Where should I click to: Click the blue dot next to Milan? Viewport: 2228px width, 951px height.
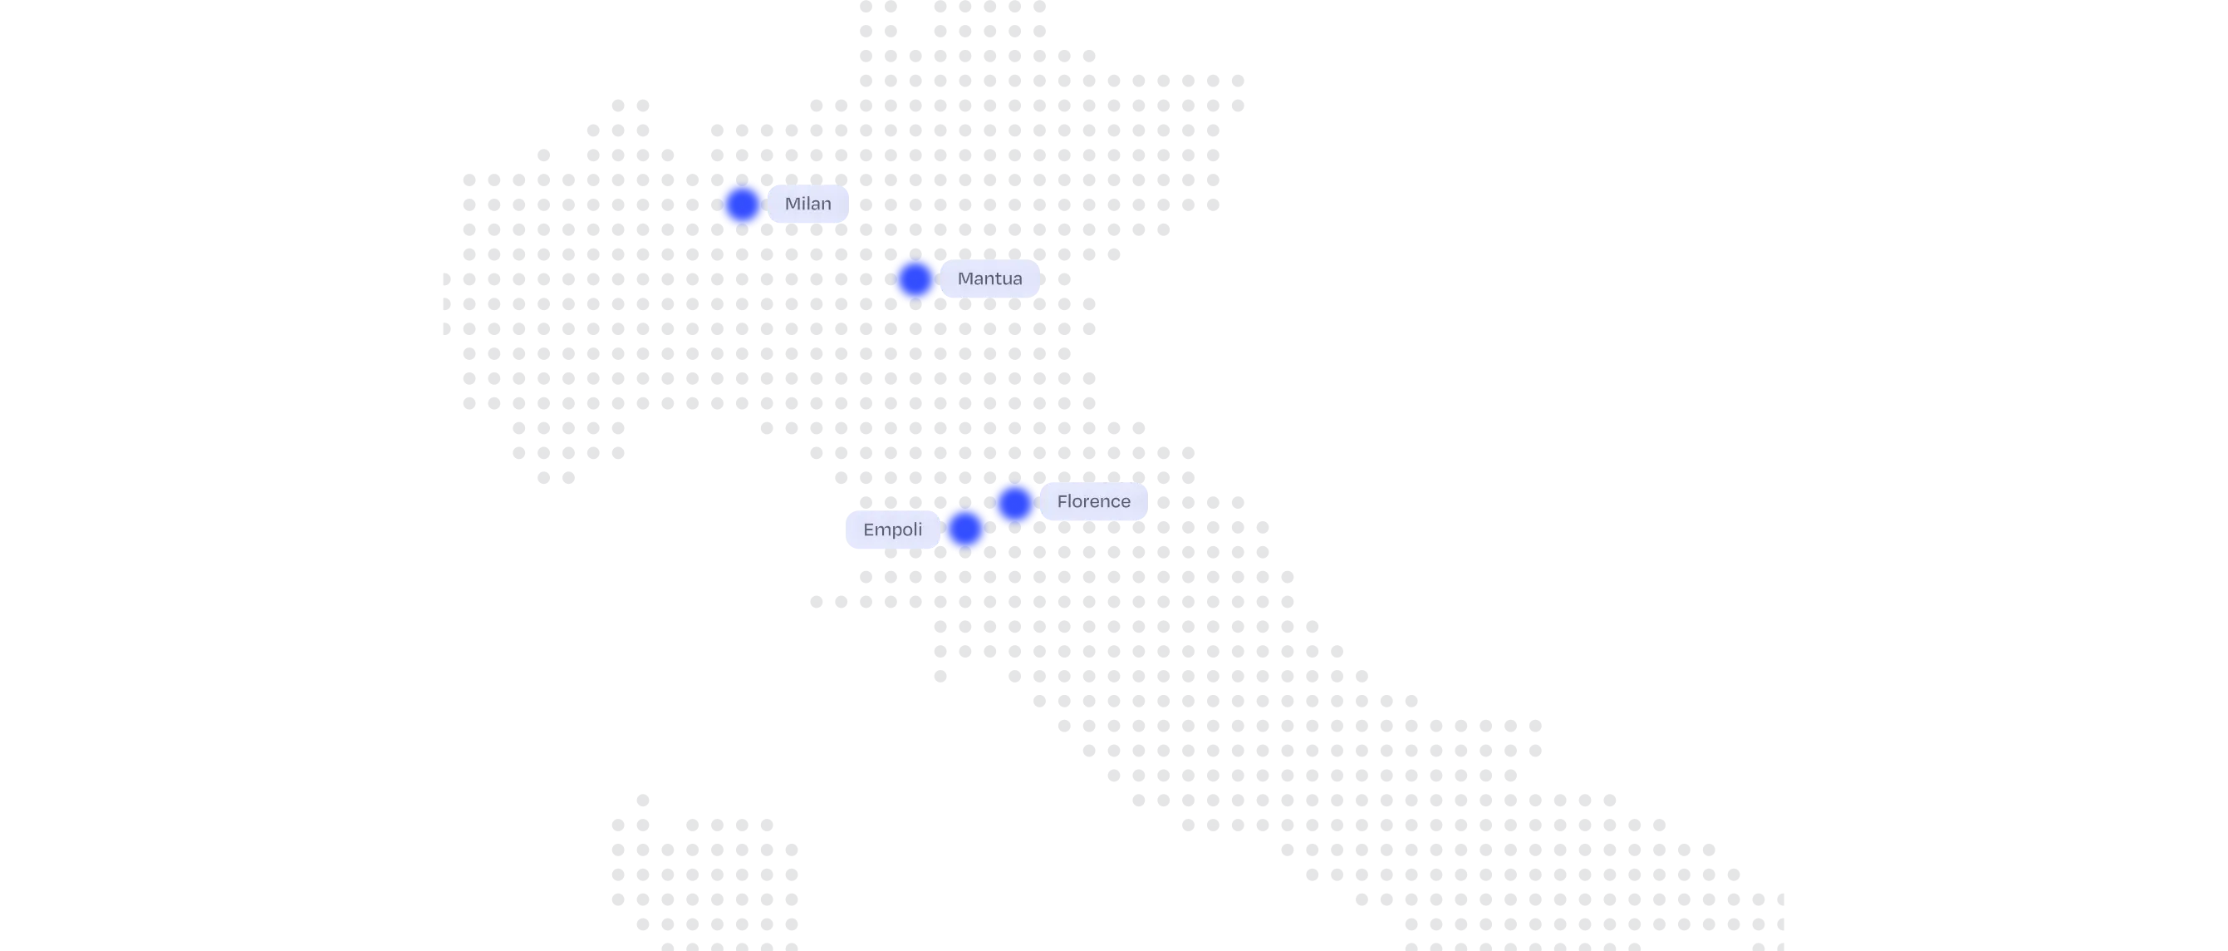coord(742,204)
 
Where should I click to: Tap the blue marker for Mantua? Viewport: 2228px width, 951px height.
coord(915,279)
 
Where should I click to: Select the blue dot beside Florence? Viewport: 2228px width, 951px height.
coord(1014,503)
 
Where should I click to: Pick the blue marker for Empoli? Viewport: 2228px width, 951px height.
coord(964,529)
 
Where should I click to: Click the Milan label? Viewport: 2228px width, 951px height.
coord(807,204)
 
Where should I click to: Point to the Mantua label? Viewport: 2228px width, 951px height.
coord(989,279)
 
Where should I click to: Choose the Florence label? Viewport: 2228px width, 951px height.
coord(1093,502)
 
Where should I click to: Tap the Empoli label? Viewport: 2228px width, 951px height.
coord(891,530)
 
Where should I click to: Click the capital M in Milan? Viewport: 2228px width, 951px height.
coord(792,204)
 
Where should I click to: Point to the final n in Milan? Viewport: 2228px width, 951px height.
coord(826,205)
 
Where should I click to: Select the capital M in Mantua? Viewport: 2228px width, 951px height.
coord(965,279)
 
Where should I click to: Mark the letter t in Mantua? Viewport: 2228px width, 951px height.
coord(997,279)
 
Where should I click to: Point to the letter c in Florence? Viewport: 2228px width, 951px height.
coord(1115,503)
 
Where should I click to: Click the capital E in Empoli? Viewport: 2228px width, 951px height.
coord(867,530)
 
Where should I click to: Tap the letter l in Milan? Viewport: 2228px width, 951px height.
coord(807,204)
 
